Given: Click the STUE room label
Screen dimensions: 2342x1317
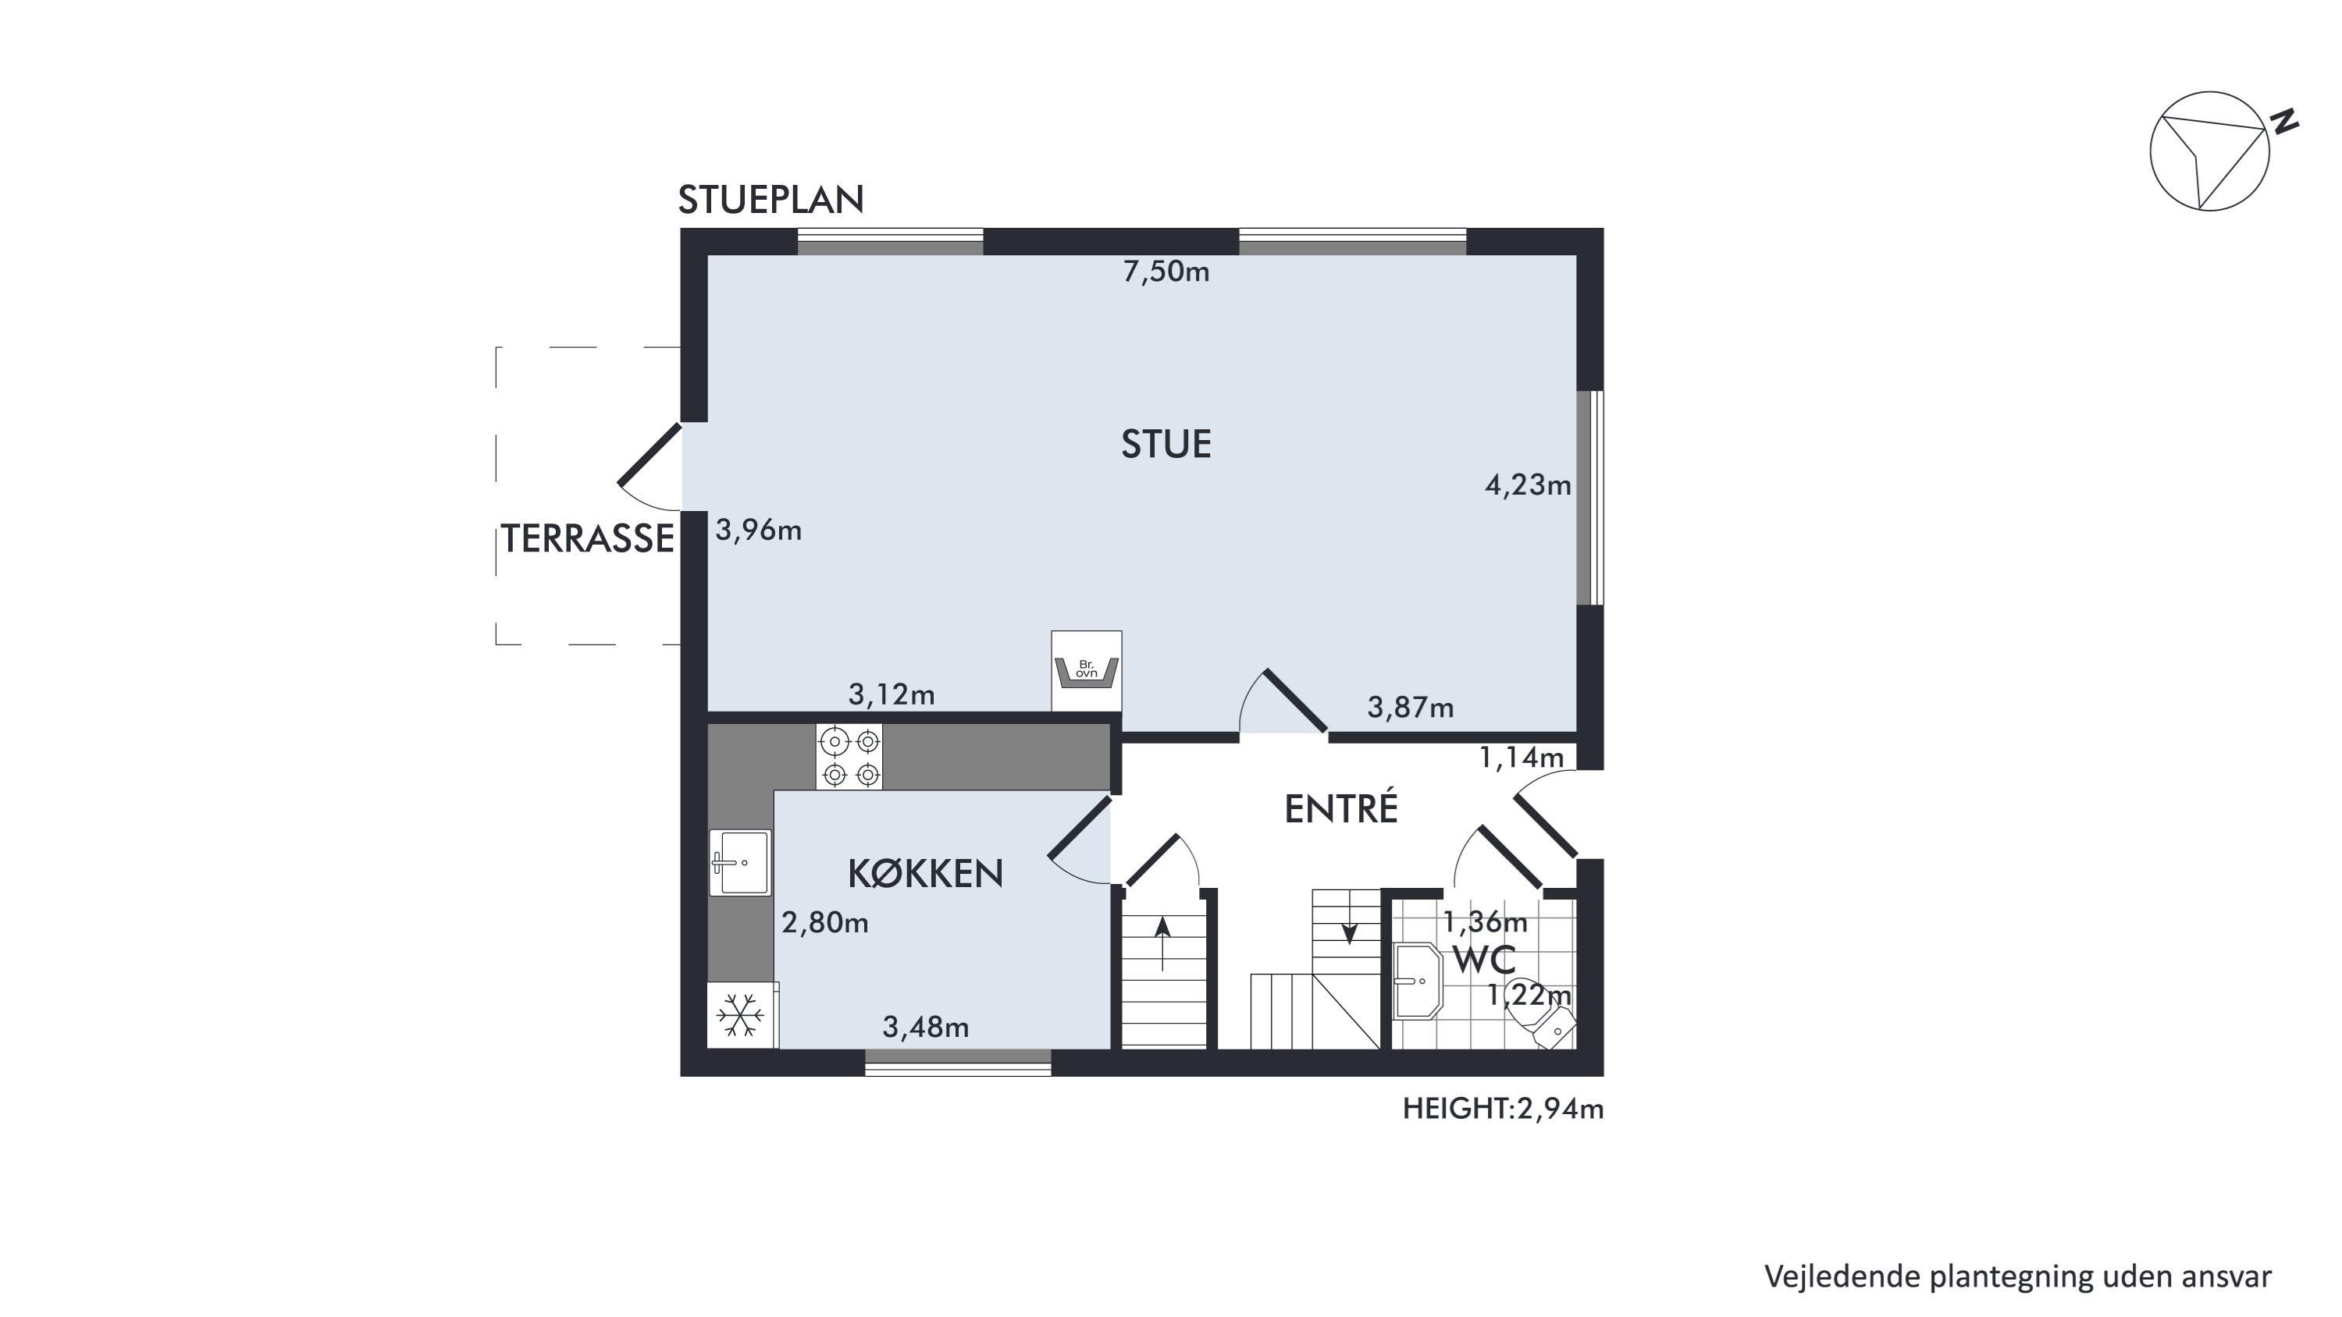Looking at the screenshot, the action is click(1166, 445).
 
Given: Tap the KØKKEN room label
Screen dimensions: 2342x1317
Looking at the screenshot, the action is click(926, 874).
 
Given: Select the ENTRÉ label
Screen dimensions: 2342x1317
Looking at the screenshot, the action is click(1341, 808).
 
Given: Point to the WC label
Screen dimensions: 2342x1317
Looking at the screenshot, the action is click(1484, 960).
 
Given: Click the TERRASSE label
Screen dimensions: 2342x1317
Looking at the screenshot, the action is click(587, 539).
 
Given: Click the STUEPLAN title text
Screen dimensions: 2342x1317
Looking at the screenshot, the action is click(771, 200).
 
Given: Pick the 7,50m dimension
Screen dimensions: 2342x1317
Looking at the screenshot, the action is click(1166, 271).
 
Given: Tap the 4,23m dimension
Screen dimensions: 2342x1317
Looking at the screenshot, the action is click(1529, 485).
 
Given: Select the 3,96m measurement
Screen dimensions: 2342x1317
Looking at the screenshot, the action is click(758, 530).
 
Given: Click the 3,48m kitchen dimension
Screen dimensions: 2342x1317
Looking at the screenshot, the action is click(926, 1027).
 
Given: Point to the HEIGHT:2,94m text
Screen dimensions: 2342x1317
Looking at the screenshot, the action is click(1503, 1108).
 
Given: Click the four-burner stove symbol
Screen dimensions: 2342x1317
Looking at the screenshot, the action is click(849, 756).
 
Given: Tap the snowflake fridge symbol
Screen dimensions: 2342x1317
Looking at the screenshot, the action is click(741, 1015).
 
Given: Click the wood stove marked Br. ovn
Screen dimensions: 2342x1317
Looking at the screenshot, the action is click(1087, 671).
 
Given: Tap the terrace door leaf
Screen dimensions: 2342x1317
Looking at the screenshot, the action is click(650, 454).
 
